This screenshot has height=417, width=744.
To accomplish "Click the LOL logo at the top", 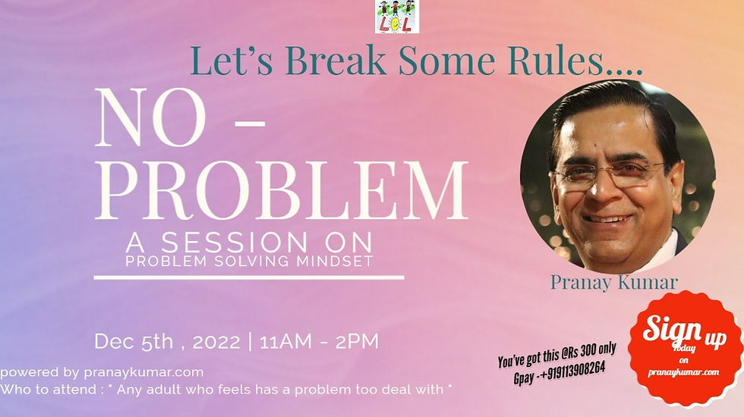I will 396,16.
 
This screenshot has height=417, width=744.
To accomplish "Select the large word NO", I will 149,121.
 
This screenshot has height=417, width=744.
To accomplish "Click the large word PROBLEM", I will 280,192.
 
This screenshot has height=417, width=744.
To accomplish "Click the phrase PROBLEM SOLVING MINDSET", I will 250,262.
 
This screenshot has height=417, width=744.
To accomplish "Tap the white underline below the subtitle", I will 248,277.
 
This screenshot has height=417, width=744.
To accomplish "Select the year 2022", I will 216,341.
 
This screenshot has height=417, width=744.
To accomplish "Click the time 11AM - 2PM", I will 319,341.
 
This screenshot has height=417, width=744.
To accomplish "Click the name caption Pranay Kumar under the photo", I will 614,283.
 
